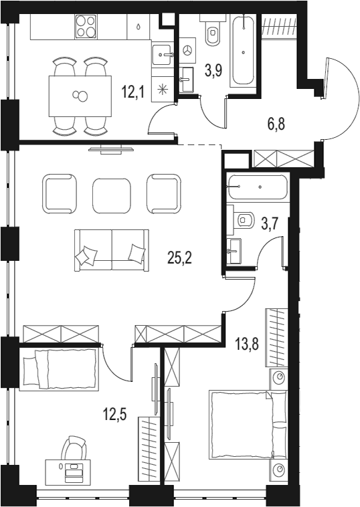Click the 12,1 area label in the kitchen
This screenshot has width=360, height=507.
click(x=132, y=92)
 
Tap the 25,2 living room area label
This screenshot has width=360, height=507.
click(x=180, y=258)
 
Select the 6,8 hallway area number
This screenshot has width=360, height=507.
click(x=276, y=124)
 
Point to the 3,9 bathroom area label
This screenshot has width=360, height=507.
click(x=213, y=70)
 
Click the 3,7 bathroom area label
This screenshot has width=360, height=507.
click(x=270, y=223)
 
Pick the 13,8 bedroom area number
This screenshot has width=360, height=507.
click(x=247, y=344)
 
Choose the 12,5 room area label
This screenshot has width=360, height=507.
click(x=114, y=414)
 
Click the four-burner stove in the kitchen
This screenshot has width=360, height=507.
click(x=86, y=27)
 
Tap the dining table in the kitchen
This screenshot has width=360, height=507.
click(x=80, y=96)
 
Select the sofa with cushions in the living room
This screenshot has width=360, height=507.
click(x=112, y=250)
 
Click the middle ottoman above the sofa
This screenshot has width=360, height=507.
click(x=112, y=195)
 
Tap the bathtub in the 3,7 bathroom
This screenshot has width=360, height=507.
click(x=258, y=187)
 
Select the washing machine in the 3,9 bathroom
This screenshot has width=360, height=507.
click(x=187, y=50)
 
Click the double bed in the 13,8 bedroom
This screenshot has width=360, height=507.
click(x=248, y=425)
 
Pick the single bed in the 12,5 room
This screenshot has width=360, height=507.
click(x=58, y=369)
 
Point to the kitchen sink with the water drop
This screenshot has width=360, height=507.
click(x=138, y=27)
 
